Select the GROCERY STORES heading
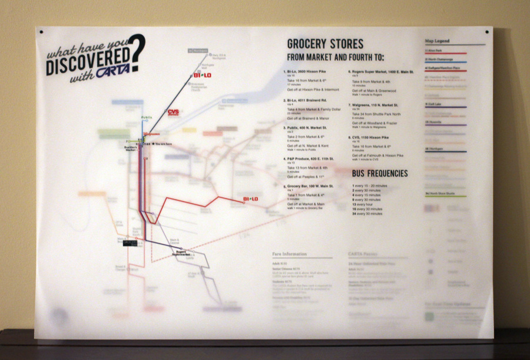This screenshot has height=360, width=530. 325,44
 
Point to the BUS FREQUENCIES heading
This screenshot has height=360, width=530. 380,173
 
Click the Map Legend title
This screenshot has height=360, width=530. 437,41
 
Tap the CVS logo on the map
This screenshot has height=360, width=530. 174,112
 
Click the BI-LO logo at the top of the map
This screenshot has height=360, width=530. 202,75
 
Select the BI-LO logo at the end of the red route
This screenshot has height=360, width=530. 251,199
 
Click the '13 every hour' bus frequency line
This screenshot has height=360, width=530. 367,200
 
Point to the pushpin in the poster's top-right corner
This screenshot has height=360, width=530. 487,31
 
